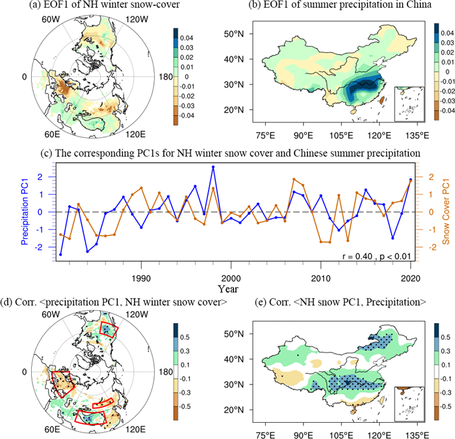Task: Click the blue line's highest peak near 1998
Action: tap(213, 167)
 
